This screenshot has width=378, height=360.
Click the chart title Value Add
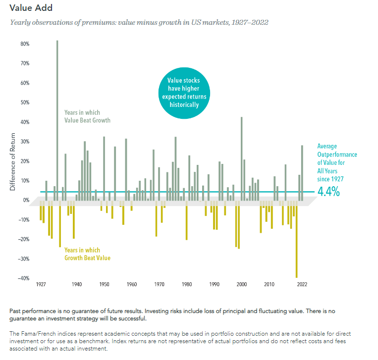click(31, 8)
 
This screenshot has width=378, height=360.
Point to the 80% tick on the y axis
click(25, 44)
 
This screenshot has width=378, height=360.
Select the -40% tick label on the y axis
click(24, 278)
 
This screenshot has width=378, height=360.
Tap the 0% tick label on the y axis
click(26, 200)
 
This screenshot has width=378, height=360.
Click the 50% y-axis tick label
click(25, 103)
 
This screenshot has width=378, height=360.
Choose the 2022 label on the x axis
click(302, 285)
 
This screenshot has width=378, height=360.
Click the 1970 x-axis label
click(159, 285)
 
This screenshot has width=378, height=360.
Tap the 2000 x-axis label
click(241, 285)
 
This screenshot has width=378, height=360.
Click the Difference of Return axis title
click(13, 161)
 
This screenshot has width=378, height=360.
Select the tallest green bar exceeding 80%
click(57, 119)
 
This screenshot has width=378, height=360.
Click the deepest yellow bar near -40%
click(296, 240)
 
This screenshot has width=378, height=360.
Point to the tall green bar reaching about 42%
click(241, 158)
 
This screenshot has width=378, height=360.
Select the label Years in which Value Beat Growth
click(87, 116)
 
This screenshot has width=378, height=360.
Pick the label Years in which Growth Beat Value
click(87, 254)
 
